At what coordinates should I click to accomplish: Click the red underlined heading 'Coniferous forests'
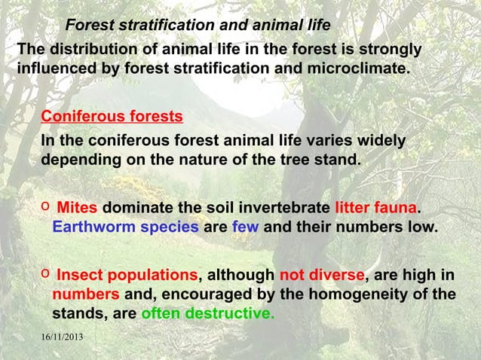(x=112, y=117)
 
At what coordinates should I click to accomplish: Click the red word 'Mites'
(x=78, y=208)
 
